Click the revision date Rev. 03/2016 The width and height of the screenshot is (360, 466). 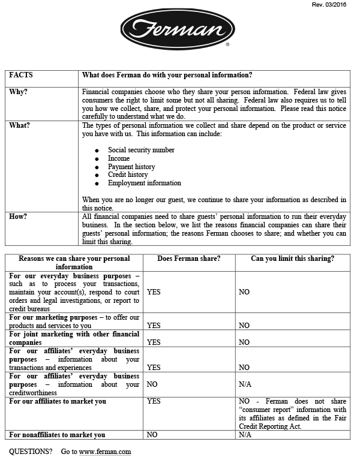click(x=330, y=5)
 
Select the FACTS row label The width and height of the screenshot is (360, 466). click(x=22, y=75)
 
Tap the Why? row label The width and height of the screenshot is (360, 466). click(x=18, y=92)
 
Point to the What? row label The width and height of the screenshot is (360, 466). click(x=20, y=125)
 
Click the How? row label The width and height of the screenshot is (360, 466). click(x=18, y=217)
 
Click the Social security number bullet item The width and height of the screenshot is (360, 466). click(x=141, y=150)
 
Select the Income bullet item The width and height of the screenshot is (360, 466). click(x=119, y=158)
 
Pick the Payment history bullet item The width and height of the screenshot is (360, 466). click(x=131, y=167)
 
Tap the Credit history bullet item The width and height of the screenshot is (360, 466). click(x=128, y=175)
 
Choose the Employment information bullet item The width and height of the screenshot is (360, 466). click(x=144, y=183)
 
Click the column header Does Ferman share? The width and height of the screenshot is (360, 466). click(x=188, y=258)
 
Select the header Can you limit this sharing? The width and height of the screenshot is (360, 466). click(x=292, y=258)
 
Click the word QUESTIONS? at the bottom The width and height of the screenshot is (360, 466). click(x=30, y=452)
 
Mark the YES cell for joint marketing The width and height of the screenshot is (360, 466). click(x=154, y=342)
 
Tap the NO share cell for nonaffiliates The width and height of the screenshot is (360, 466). click(x=152, y=435)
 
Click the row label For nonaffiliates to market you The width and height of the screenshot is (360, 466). click(x=57, y=435)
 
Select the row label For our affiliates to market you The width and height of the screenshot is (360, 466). click(x=57, y=401)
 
